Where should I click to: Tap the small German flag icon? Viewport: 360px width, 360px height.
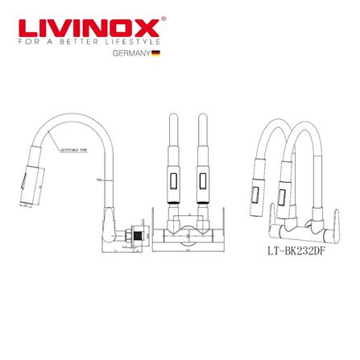click(x=156, y=52)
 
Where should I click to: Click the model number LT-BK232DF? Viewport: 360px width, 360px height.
click(x=296, y=250)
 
